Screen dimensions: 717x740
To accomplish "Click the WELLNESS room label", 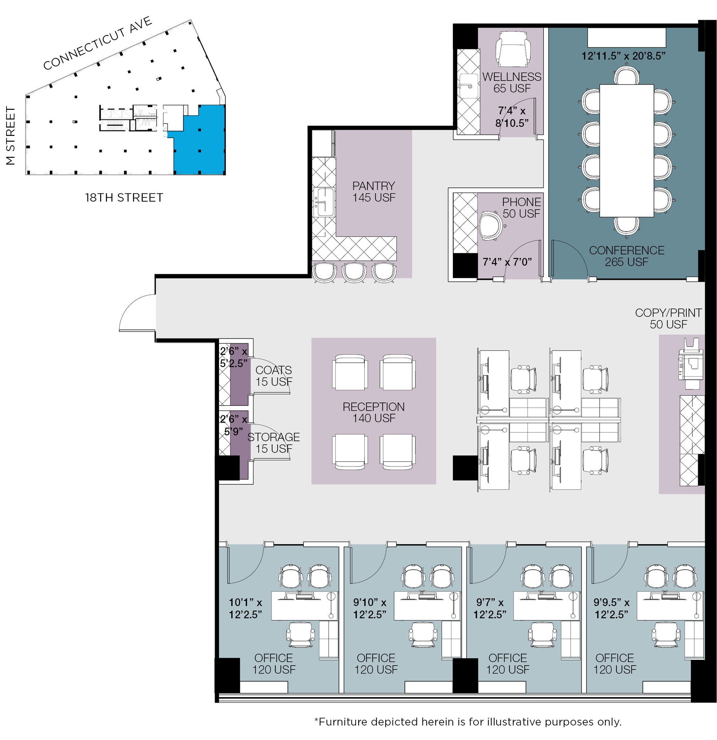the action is tap(512, 77).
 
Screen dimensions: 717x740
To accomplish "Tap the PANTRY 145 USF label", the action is tap(374, 192).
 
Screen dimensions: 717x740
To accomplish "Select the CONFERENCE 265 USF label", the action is tap(626, 256).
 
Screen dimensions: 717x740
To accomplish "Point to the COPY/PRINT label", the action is tap(668, 313).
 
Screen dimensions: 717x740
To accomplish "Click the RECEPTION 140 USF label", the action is tap(374, 412).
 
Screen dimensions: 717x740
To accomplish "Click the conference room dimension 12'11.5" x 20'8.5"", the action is tap(623, 56).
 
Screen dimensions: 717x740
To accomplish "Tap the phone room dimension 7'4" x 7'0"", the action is tap(507, 262).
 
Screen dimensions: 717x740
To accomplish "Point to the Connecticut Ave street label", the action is tap(98, 43).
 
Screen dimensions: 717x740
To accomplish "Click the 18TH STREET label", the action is tap(124, 197).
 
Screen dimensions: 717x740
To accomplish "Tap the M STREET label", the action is tap(10, 135).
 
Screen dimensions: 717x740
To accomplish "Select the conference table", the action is tap(626, 151).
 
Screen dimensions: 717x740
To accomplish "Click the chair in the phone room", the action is tap(491, 225).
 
